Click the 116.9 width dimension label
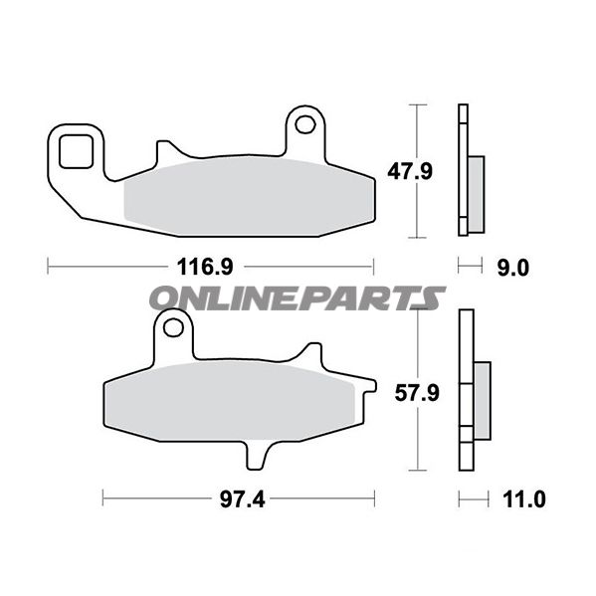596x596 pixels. click(205, 267)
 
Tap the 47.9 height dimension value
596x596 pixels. click(410, 171)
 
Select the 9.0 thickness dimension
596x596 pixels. click(513, 268)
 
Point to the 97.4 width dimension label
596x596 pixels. click(242, 499)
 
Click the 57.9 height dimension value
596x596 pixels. click(417, 393)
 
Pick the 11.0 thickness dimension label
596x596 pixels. click(523, 499)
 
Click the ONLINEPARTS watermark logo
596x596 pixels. click(297, 298)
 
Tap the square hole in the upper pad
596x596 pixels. click(76, 151)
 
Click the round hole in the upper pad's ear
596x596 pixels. click(304, 124)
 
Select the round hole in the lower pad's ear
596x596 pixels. click(173, 327)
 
